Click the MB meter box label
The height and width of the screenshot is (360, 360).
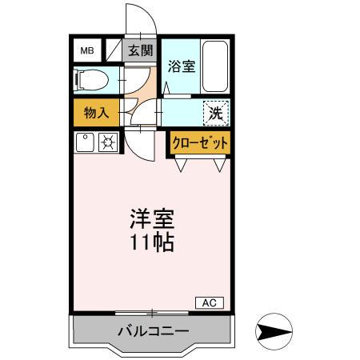[x=86, y=51]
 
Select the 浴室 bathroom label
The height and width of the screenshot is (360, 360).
[x=181, y=67]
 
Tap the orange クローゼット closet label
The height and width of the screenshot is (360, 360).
[x=199, y=143]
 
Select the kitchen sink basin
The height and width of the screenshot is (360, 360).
[x=85, y=143]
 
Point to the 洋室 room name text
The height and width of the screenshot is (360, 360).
[x=151, y=218]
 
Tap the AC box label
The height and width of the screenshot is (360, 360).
[x=209, y=302]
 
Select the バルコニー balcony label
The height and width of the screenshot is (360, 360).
[x=152, y=330]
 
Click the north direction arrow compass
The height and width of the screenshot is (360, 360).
[x=272, y=331]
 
